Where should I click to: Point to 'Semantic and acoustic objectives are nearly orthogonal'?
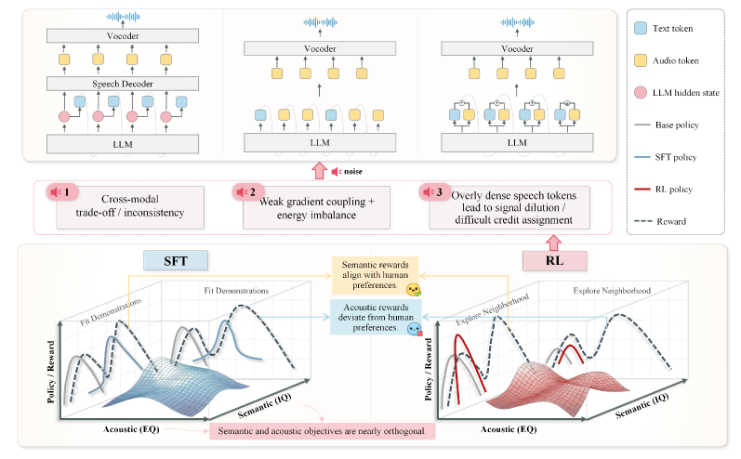point(324,431)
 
